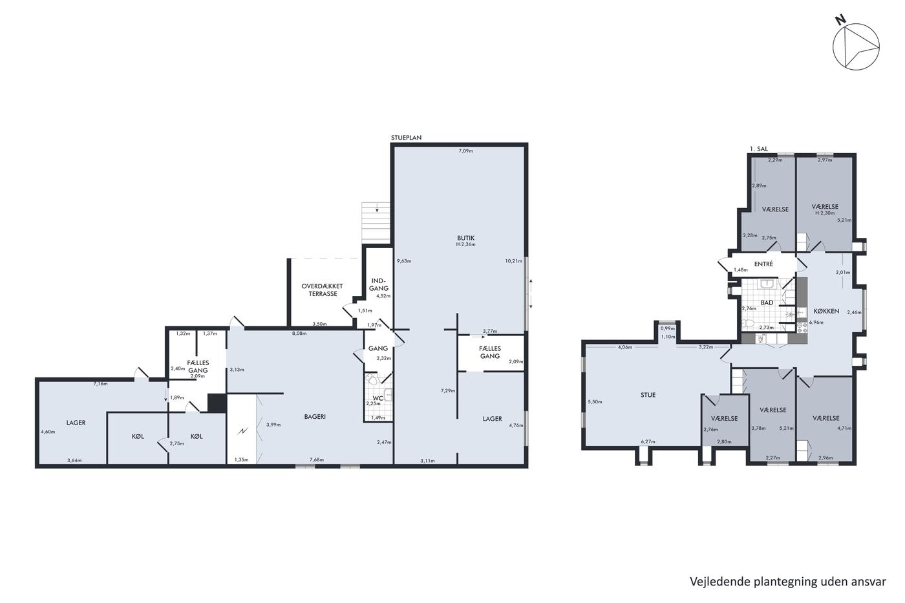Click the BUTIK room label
tap(465, 238)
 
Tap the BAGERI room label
tap(315, 416)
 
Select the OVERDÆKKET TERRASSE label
tap(323, 290)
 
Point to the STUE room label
tap(648, 395)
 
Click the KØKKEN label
tap(826, 311)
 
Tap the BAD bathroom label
tap(767, 302)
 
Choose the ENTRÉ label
tap(763, 264)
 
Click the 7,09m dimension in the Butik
tap(466, 151)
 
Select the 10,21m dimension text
tap(513, 261)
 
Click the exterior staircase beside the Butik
tap(376, 222)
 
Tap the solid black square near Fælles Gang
tap(217, 403)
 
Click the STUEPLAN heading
tap(406, 138)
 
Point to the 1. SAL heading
tap(759, 149)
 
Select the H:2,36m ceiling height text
tap(466, 244)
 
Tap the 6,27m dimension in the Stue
tap(648, 441)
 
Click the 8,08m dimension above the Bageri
tap(299, 333)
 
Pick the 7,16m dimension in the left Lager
tap(101, 384)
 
